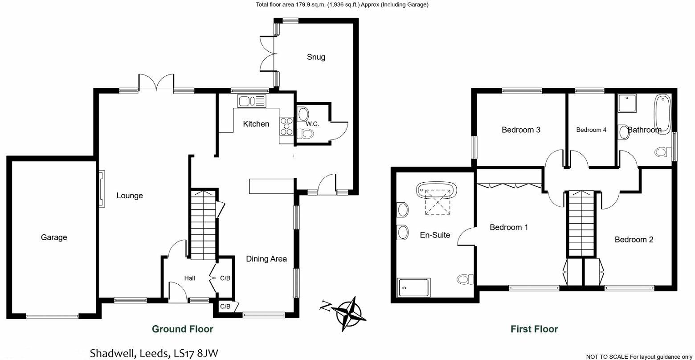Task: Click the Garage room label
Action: tap(54, 237)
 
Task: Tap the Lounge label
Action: tap(130, 196)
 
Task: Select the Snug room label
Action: tap(316, 57)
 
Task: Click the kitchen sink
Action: tap(251, 101)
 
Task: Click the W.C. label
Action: tap(313, 124)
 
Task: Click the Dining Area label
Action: tap(266, 259)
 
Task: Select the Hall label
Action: tap(190, 278)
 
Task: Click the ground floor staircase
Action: tap(203, 223)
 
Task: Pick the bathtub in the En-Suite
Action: tap(437, 190)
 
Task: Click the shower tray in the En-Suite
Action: tap(414, 287)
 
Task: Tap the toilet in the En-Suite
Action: tap(464, 279)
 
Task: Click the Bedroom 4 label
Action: tap(591, 130)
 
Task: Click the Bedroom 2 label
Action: tap(634, 240)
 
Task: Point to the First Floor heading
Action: tap(534, 329)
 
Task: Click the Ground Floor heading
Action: tap(183, 329)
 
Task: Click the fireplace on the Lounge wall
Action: tap(102, 189)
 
